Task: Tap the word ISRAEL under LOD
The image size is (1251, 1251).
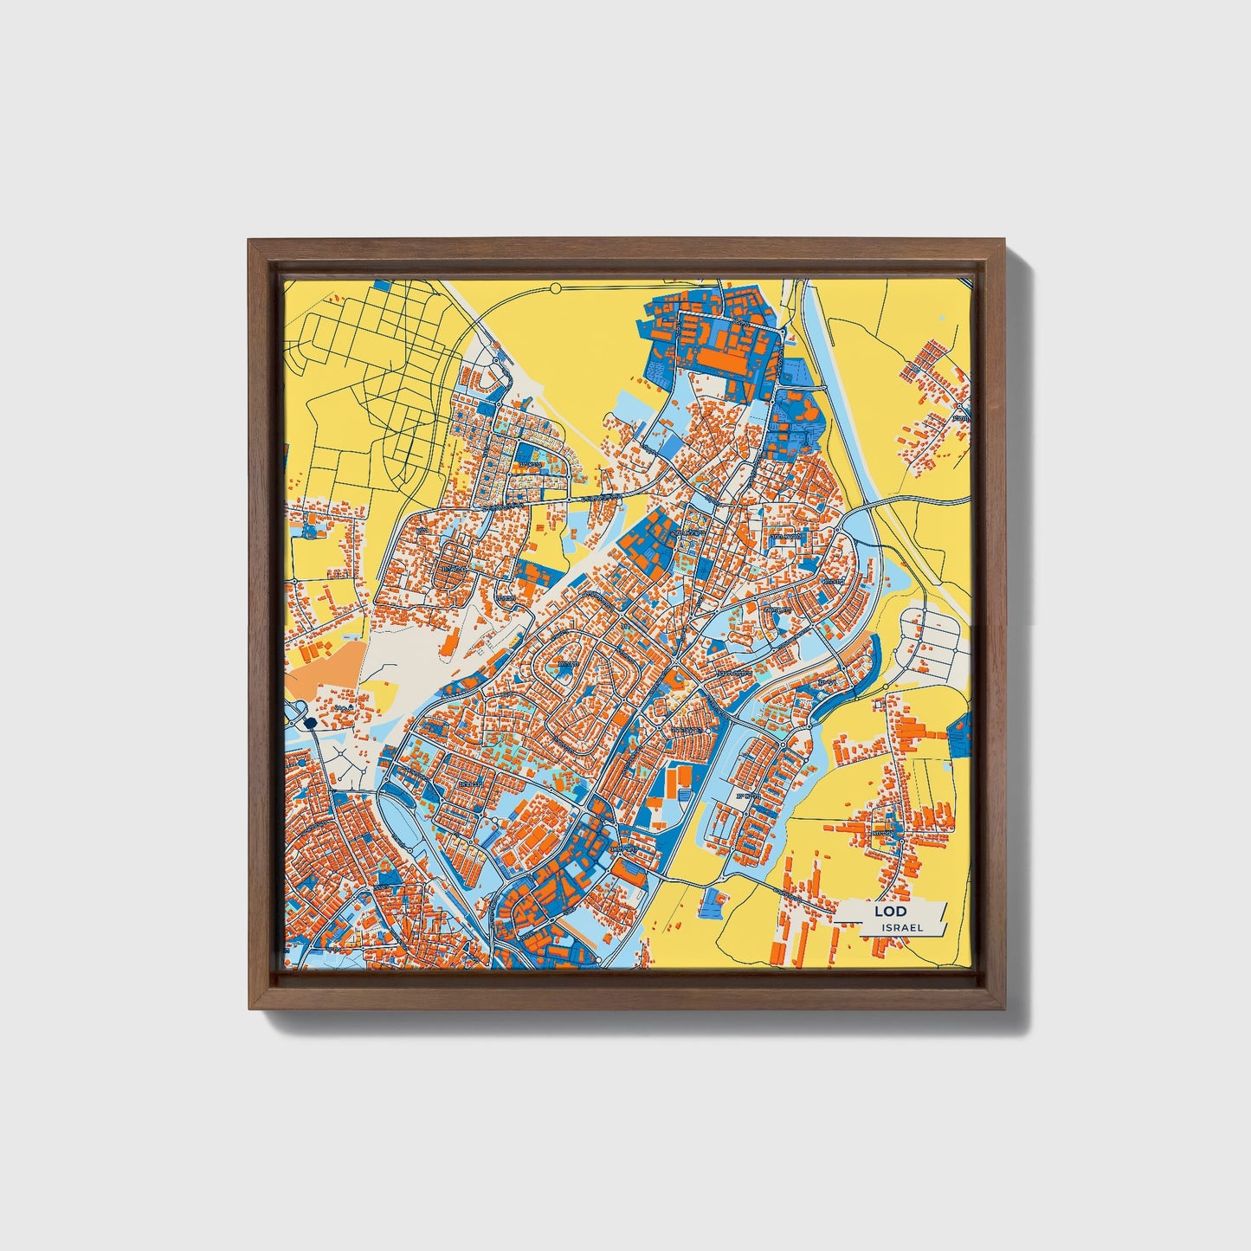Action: [902, 927]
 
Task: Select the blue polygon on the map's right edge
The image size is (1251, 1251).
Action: [961, 734]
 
